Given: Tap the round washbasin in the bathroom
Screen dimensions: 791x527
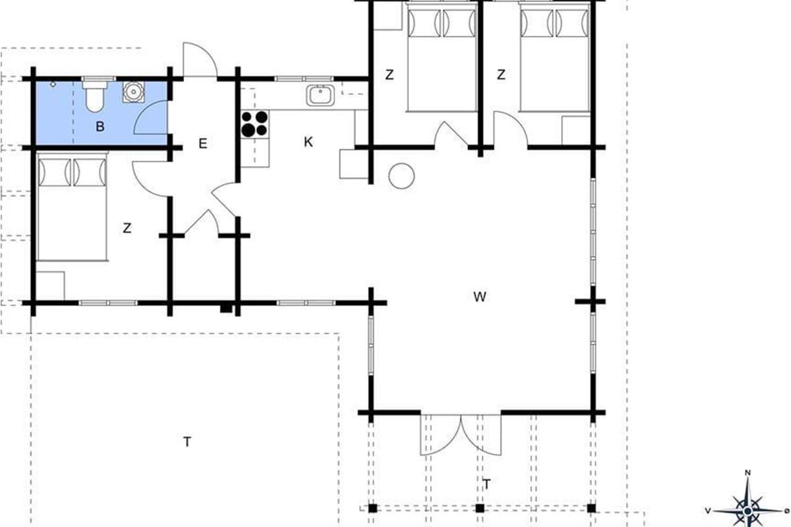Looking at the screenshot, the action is tap(133, 92).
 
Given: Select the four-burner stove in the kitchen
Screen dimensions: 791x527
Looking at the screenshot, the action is tap(254, 124).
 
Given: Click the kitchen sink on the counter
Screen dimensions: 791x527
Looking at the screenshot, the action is tap(320, 95).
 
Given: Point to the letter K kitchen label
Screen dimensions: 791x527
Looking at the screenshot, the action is tap(308, 142).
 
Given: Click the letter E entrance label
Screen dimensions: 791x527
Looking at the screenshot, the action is tap(203, 144).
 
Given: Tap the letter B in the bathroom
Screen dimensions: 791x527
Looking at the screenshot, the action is tap(100, 126).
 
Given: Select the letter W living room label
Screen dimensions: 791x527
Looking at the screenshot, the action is tap(479, 297).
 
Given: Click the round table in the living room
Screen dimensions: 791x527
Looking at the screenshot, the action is tap(401, 176).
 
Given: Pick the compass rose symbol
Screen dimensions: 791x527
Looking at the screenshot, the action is tap(748, 511).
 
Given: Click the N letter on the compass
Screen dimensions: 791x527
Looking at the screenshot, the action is tap(747, 472).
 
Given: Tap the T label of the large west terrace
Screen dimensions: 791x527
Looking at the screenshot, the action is tap(187, 441).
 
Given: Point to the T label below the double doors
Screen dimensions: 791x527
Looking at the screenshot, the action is tap(487, 484).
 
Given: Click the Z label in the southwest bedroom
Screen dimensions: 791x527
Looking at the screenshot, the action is tap(127, 228).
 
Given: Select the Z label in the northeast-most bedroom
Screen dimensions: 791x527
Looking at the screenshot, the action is tap(501, 74).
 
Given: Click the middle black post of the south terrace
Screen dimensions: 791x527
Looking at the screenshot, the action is tap(480, 509).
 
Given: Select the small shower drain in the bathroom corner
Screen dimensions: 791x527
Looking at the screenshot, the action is tap(53, 84).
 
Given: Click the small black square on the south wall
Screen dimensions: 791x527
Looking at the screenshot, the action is tap(226, 308).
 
